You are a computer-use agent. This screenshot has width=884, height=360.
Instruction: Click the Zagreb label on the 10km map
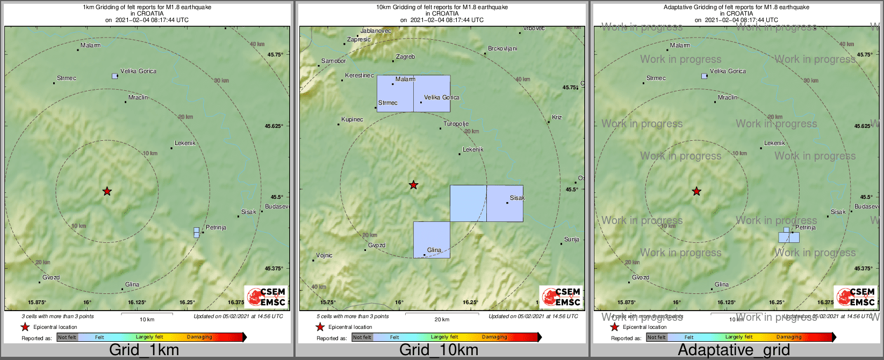(x=405, y=56)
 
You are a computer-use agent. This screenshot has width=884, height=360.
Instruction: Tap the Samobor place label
(x=333, y=61)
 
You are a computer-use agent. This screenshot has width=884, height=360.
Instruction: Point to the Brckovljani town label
(x=502, y=49)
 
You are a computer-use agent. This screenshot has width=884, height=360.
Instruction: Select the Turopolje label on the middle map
(x=456, y=124)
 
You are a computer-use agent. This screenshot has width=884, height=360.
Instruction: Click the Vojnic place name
(x=324, y=255)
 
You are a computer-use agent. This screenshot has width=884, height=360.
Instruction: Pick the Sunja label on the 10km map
(x=572, y=239)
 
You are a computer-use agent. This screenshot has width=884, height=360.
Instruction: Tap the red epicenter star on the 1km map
(x=107, y=191)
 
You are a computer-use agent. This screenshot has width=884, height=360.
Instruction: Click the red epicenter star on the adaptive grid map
(x=696, y=191)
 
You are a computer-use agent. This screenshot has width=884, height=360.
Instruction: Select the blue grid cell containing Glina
(x=432, y=240)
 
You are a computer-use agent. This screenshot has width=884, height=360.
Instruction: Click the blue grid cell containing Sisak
(x=505, y=204)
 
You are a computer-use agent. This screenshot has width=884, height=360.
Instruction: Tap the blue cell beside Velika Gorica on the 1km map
(x=114, y=76)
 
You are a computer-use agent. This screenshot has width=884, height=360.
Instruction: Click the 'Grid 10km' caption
(x=439, y=350)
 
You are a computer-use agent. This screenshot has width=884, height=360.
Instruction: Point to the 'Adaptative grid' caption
(x=734, y=350)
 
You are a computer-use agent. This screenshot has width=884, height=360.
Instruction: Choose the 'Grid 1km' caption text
(x=144, y=350)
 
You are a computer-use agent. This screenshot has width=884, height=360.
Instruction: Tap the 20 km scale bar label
(x=442, y=320)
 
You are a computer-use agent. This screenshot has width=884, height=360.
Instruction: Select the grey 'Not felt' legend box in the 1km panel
(x=67, y=337)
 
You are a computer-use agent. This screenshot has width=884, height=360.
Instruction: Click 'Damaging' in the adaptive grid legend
(x=789, y=337)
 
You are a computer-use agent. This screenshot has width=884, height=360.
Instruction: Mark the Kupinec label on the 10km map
(x=352, y=119)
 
